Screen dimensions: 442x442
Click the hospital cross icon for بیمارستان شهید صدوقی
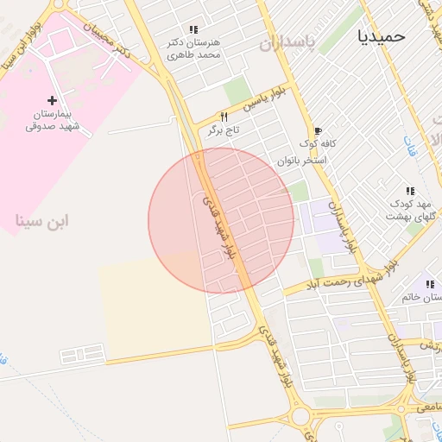point(53,101)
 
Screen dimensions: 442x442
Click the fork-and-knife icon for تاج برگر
point(224,117)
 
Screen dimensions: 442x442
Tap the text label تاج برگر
point(222,130)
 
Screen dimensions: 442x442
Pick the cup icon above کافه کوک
point(318,130)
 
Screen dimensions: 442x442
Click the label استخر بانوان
point(301,161)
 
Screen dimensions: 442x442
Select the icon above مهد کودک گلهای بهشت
point(409,191)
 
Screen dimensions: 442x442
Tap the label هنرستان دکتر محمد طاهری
point(193,48)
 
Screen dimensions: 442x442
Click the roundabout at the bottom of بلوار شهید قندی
point(301,416)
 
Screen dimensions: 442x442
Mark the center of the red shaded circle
point(221,220)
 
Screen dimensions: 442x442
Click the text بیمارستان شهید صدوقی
point(52,120)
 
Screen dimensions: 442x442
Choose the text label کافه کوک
point(318,143)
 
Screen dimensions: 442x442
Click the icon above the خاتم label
point(428,285)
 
